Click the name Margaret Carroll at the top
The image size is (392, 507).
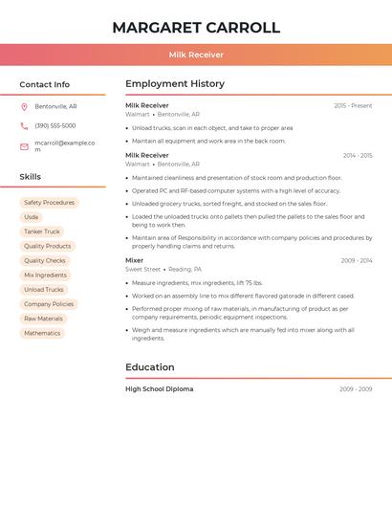tap(196, 28)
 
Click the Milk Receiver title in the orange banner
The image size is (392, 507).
tap(196, 55)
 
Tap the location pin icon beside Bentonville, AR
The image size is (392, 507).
tap(24, 106)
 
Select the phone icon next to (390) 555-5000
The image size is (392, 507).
tap(24, 125)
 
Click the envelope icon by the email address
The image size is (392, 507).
tap(24, 146)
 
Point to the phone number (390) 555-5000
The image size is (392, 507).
tap(54, 125)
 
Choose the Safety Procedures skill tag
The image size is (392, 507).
tap(49, 203)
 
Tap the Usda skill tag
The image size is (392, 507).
tap(32, 217)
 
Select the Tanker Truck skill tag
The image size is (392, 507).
tap(41, 231)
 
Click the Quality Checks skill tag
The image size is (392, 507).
tap(45, 260)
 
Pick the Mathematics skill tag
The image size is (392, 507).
tap(42, 333)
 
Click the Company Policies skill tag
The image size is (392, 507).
tap(49, 304)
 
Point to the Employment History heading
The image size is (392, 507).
tap(174, 84)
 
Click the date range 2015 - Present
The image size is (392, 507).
tap(353, 105)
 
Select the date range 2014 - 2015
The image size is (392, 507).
tap(358, 155)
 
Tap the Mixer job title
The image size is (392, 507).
tap(134, 260)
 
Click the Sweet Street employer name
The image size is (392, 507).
tap(142, 270)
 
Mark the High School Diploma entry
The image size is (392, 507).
tap(159, 389)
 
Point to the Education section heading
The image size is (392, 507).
tap(150, 367)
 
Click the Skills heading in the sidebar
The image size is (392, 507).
tap(31, 177)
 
